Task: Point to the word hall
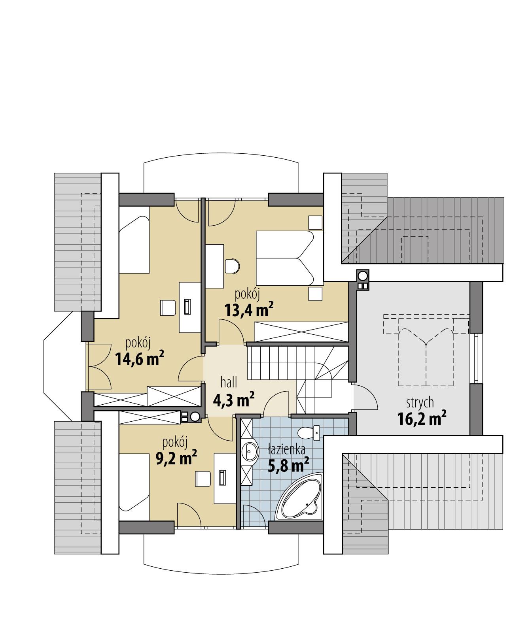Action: (229, 382)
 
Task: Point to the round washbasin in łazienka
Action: (250, 451)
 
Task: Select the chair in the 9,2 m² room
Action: (203, 479)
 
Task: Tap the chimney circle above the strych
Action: (362, 275)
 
